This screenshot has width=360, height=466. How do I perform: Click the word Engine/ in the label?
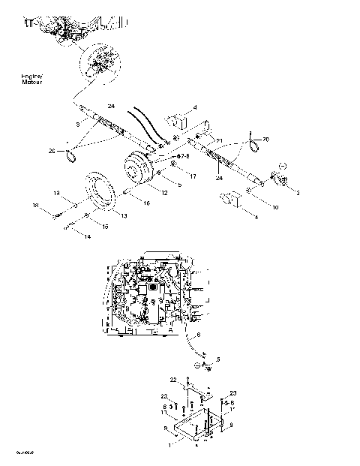33,77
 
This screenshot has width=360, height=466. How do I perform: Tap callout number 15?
104,226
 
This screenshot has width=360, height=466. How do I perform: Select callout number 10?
274,206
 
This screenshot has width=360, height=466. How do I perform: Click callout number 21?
220,138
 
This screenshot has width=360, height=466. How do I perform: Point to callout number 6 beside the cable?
199,335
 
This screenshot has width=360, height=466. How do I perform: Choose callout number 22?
172,380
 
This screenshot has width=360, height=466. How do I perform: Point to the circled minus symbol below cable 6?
196,365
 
